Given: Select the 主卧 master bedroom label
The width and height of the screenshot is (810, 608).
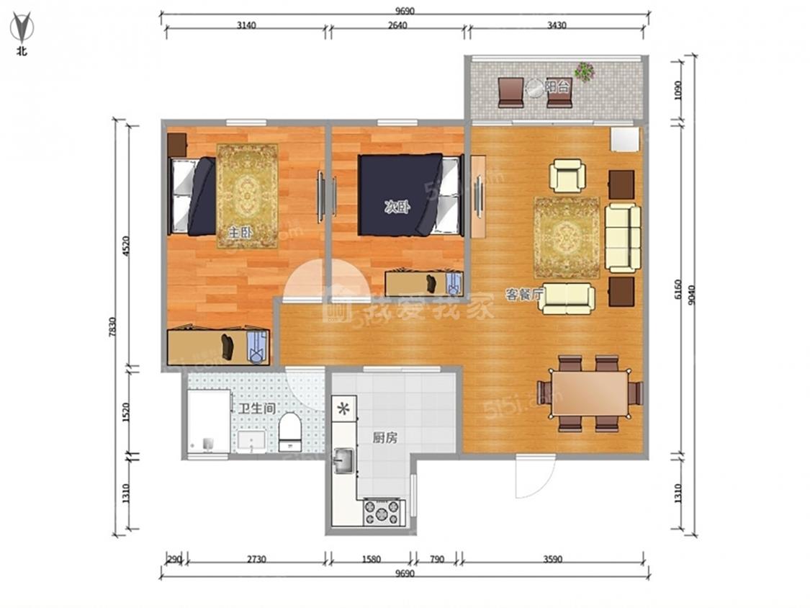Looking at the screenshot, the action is pos(240,233).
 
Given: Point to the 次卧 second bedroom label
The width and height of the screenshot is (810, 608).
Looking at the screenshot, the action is pos(397,208).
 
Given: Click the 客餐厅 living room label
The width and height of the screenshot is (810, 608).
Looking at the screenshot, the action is pos(525,295).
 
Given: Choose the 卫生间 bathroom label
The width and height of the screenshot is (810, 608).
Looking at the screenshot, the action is pos(257,408).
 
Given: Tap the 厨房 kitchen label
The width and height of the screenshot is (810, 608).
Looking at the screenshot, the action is pos(385,438).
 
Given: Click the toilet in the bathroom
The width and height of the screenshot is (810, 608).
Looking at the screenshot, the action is pos(290,432).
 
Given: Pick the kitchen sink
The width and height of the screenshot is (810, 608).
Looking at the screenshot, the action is pos(343,460).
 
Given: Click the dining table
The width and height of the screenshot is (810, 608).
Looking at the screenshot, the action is pos(590,393).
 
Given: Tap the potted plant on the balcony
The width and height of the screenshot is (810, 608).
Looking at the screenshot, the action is pos(584,71).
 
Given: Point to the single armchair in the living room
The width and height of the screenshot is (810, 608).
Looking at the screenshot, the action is pos(567,175).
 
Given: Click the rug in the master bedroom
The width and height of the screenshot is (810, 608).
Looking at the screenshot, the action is pos(248,196).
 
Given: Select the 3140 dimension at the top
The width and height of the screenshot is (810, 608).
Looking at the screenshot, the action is pos(246,25).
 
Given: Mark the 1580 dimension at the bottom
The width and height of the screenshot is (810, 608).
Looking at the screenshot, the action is pos(372,559).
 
